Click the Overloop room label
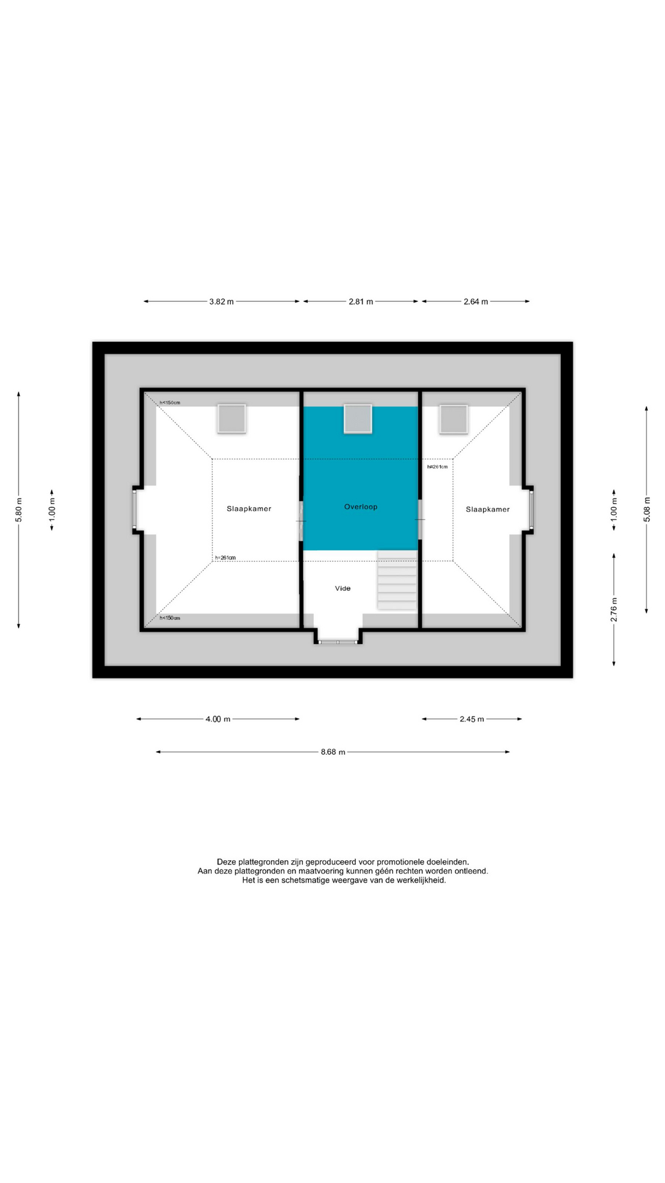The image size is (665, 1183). (x=361, y=507)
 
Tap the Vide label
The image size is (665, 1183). (x=343, y=588)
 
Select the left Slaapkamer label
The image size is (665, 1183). (x=249, y=509)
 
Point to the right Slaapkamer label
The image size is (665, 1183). (x=488, y=510)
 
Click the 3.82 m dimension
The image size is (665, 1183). (x=222, y=302)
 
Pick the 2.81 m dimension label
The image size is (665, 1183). (x=361, y=302)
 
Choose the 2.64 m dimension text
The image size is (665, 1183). (x=476, y=302)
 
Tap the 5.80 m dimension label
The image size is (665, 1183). (x=18, y=510)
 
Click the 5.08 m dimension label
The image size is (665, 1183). (x=647, y=510)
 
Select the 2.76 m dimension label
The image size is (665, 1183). (x=614, y=609)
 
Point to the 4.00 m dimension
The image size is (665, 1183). (x=218, y=719)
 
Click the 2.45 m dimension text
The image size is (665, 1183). (x=472, y=719)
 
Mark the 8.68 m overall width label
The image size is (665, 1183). (x=333, y=752)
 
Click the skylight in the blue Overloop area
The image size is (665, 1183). (x=358, y=419)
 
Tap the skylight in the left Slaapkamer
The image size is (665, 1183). (x=232, y=419)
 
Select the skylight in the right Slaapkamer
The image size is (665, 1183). (x=453, y=420)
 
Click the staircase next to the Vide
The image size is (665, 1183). (x=397, y=580)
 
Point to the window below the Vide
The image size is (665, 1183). (x=338, y=643)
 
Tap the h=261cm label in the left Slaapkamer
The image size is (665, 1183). (x=225, y=558)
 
